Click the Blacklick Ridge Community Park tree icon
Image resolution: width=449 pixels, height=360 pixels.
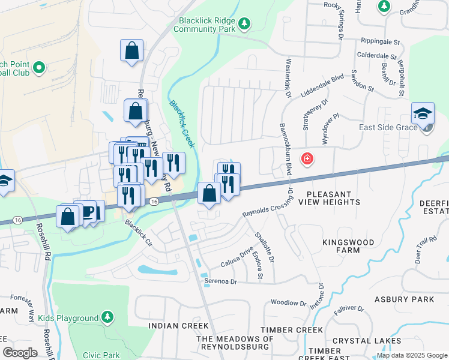click(x=244, y=23)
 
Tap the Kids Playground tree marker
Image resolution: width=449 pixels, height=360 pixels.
click(x=107, y=317)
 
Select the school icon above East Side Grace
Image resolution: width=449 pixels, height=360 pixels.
click(x=423, y=113)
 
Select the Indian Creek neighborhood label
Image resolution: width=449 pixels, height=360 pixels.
click(x=179, y=326)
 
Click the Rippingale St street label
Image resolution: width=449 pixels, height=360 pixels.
click(x=380, y=43)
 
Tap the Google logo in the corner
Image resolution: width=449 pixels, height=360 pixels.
click(x=20, y=353)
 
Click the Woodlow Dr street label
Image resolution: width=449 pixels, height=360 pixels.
click(x=289, y=303)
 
